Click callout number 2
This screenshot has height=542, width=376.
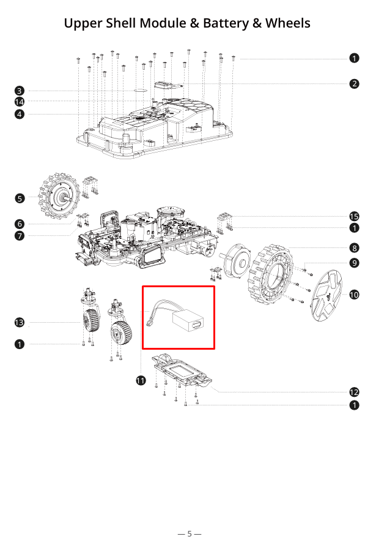click(x=355, y=84)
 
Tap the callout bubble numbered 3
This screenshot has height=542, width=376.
click(x=20, y=90)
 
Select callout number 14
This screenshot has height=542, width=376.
click(x=20, y=102)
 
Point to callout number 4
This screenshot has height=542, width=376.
click(x=20, y=114)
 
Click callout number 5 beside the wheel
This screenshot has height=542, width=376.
click(x=20, y=198)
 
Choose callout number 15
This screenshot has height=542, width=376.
click(x=355, y=216)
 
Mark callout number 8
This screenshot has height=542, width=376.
click(x=355, y=248)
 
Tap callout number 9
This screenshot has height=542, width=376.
click(x=355, y=263)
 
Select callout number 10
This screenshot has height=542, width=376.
click(x=355, y=295)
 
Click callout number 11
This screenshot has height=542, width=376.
click(x=141, y=380)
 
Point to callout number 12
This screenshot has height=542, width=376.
click(x=355, y=392)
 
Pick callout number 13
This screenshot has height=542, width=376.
click(x=20, y=322)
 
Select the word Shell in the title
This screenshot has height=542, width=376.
click(x=119, y=23)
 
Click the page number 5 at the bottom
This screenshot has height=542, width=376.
click(x=190, y=533)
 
